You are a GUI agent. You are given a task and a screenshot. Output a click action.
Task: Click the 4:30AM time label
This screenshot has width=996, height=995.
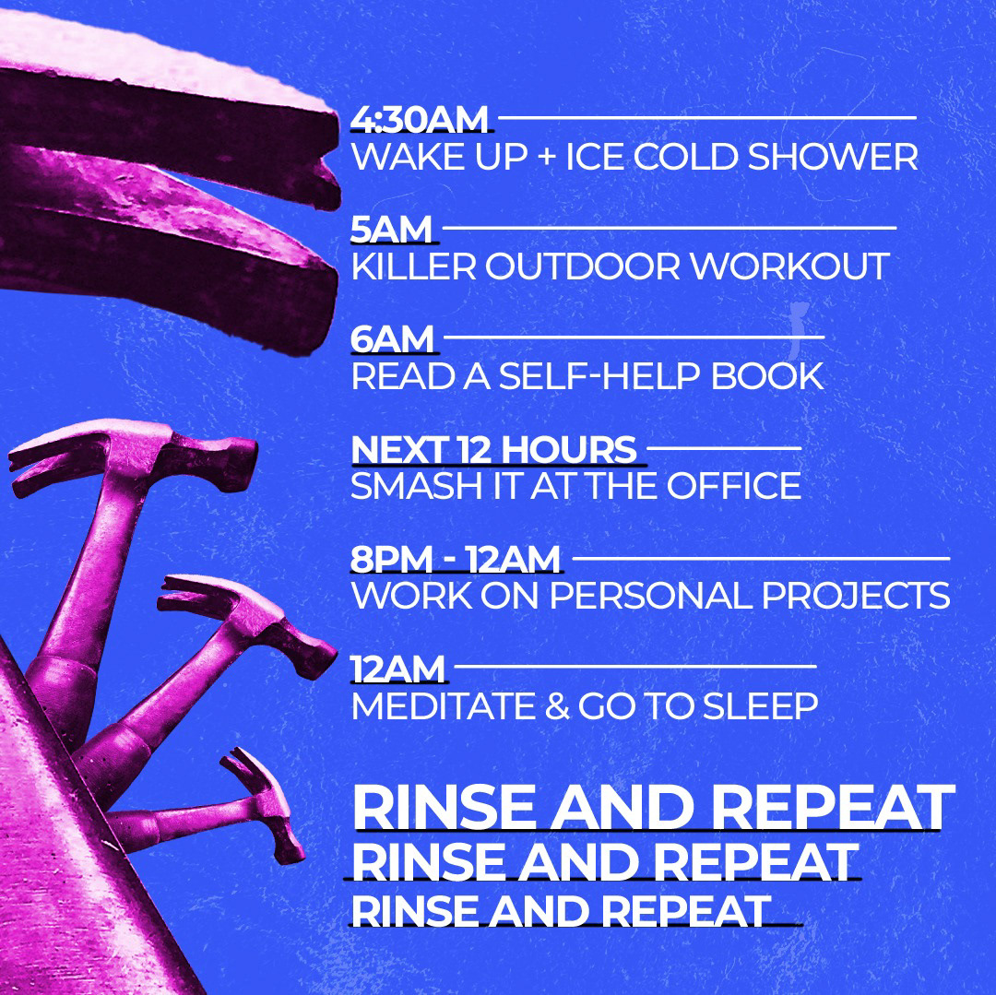pyautogui.click(x=420, y=119)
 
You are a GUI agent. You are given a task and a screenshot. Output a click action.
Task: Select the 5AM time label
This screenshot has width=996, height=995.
pyautogui.click(x=391, y=230)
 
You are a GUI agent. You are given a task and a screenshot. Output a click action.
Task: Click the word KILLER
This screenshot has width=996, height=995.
pyautogui.click(x=413, y=267)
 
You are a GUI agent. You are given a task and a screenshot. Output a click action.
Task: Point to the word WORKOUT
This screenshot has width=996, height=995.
pyautogui.click(x=789, y=267)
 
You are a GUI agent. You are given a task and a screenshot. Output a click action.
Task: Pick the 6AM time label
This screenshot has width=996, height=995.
pyautogui.click(x=392, y=339)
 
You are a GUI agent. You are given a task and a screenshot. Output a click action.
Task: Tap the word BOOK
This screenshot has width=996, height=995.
pyautogui.click(x=767, y=376)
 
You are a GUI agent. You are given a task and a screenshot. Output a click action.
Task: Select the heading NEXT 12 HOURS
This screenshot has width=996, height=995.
pyautogui.click(x=493, y=450)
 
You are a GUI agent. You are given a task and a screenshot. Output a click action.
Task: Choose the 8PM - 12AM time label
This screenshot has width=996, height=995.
pyautogui.click(x=456, y=560)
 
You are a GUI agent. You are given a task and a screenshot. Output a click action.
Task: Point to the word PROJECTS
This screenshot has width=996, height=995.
pyautogui.click(x=855, y=597)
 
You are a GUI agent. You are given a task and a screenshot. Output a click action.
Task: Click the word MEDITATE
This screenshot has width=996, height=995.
pyautogui.click(x=444, y=706)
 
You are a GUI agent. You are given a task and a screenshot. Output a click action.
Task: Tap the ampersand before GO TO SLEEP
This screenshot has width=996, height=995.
pyautogui.click(x=557, y=706)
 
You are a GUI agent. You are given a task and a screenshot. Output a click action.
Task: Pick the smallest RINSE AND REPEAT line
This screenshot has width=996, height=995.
pyautogui.click(x=561, y=911)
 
